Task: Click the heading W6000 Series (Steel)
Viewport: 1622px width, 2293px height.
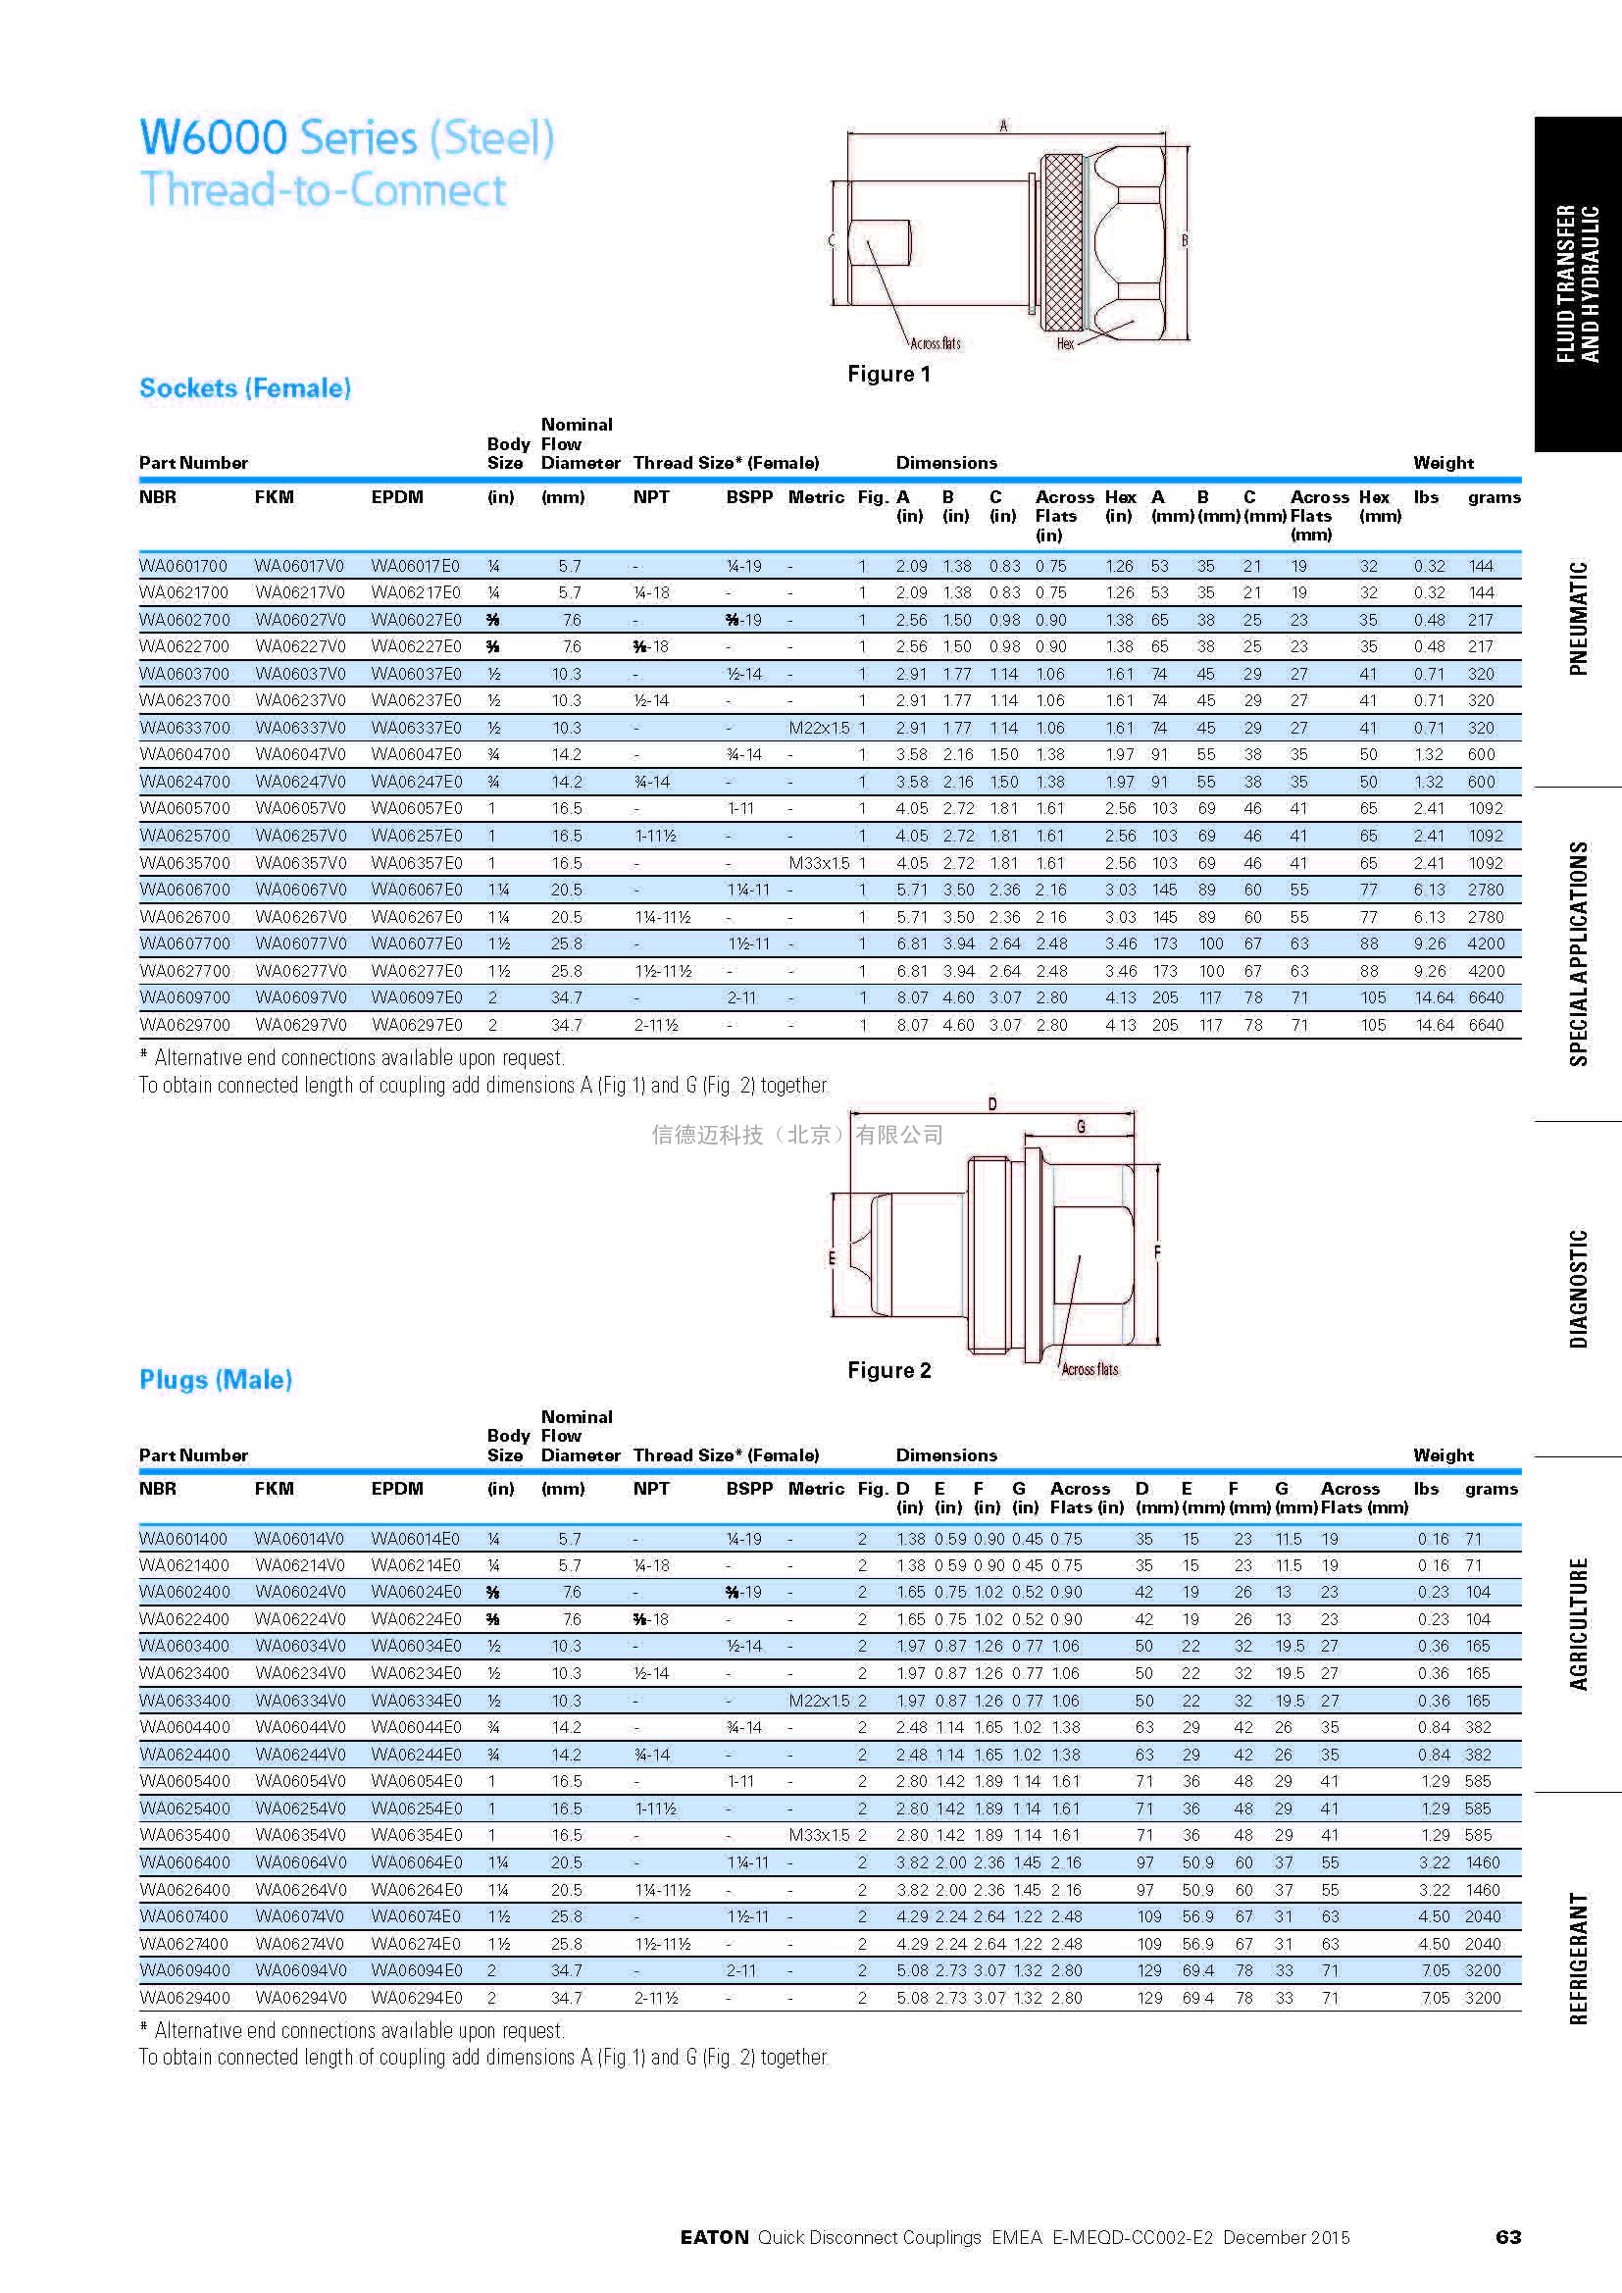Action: [346, 138]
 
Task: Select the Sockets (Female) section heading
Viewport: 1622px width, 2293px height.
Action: [245, 387]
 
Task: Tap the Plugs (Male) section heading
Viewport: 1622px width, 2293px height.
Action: [216, 1379]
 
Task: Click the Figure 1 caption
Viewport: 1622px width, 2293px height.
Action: [887, 374]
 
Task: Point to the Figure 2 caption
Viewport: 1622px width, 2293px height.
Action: [888, 1370]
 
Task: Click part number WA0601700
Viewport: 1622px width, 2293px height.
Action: [182, 565]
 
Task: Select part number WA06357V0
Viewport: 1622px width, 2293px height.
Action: [300, 863]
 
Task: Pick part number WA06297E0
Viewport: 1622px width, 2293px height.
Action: [417, 1025]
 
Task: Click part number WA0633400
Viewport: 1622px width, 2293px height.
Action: [183, 1700]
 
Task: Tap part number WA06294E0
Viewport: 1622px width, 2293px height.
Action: [417, 1998]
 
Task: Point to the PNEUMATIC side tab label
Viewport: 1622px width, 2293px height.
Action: [1578, 619]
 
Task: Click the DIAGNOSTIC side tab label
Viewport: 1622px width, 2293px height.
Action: [1578, 1289]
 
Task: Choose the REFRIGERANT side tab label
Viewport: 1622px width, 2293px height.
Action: [1578, 1958]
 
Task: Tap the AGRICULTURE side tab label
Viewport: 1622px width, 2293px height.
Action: [1578, 1623]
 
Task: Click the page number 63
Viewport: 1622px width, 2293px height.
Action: [1507, 2237]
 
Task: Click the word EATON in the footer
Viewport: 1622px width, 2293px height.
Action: [714, 2238]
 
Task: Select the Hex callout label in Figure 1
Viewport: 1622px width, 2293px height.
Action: [1065, 343]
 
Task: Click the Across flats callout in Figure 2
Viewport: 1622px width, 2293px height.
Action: [1090, 1369]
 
